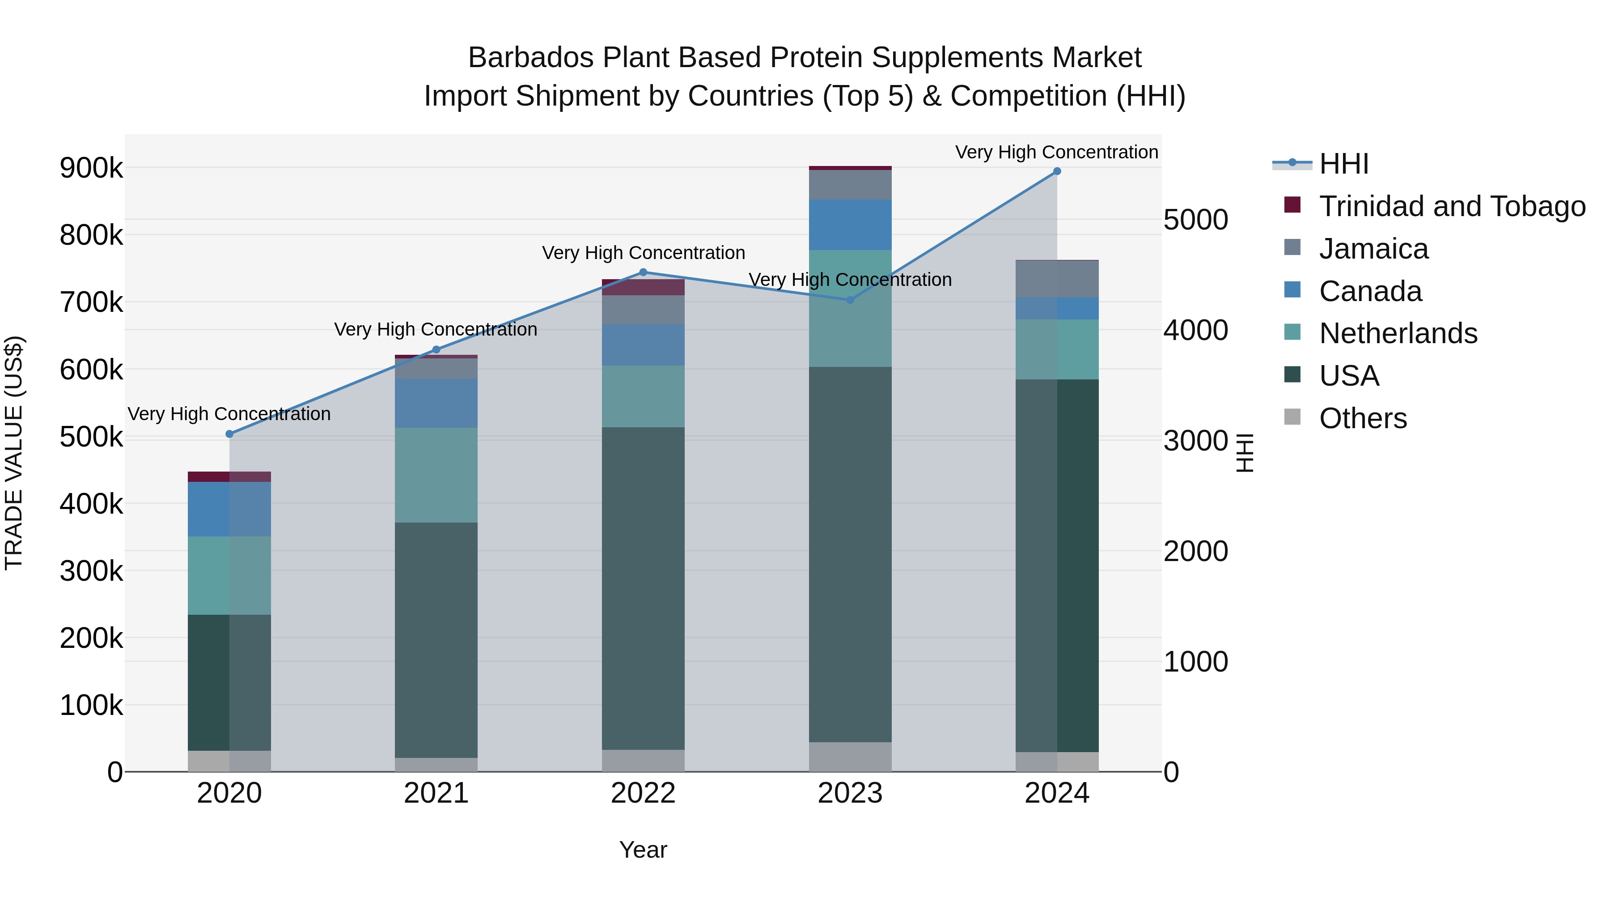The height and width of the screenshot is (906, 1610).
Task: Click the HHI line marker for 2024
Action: tap(1057, 171)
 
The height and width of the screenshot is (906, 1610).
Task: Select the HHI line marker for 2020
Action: tap(229, 434)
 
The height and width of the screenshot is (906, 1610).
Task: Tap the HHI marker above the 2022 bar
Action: tap(644, 272)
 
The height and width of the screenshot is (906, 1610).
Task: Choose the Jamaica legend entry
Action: tap(1373, 249)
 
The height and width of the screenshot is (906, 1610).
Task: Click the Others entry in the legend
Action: tap(1363, 418)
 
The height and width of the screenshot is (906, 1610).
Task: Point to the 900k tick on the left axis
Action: tap(91, 168)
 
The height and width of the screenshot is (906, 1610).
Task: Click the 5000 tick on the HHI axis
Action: tap(1195, 220)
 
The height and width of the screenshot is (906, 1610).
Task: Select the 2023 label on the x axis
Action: tap(850, 793)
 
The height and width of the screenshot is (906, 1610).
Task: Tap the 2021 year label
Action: tap(436, 793)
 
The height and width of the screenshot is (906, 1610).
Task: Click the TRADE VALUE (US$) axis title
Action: tap(14, 453)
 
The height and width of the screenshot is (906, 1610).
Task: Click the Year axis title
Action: tap(643, 850)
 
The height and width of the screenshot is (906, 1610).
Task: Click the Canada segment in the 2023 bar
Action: tap(850, 225)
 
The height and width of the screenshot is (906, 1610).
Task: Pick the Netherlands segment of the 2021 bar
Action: tap(436, 475)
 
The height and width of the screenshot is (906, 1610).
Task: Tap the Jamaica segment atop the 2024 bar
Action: tap(1057, 279)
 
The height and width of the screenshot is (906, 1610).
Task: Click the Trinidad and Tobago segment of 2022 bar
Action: tap(643, 287)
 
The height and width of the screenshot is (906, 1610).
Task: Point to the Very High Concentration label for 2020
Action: tap(229, 414)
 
